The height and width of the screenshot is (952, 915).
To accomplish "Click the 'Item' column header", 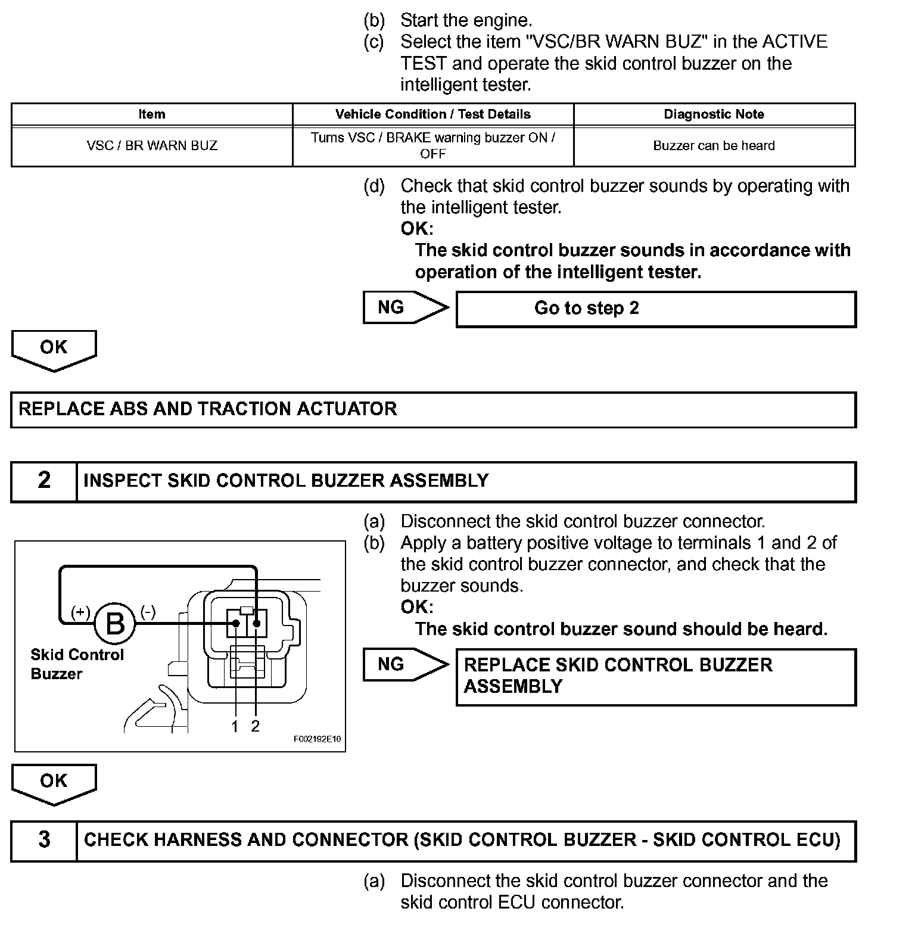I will (x=152, y=114).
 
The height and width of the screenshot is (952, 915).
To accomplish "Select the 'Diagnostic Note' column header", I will (x=714, y=114).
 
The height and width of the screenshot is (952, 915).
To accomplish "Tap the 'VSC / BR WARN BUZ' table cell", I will (x=152, y=146).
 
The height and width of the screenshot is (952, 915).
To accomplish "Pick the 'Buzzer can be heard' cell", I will (x=714, y=146).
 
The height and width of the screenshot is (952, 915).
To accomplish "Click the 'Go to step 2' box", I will (x=655, y=309).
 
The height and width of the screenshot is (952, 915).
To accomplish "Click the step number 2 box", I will (x=44, y=481).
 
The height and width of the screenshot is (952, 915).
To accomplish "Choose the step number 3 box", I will (x=44, y=841).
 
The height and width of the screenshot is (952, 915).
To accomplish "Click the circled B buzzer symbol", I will (x=115, y=624).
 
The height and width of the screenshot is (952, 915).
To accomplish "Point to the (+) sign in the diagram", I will (x=80, y=612).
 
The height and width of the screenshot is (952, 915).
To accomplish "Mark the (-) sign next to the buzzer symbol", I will (x=148, y=612).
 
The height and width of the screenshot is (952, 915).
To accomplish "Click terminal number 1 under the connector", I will (x=235, y=727).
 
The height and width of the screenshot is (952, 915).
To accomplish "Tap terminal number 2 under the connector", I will (x=256, y=727).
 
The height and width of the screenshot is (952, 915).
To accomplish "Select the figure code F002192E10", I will (x=318, y=739).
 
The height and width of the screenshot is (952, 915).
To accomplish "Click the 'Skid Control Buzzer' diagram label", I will (x=77, y=664).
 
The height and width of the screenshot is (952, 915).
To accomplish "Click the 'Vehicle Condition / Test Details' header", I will (x=433, y=114).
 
